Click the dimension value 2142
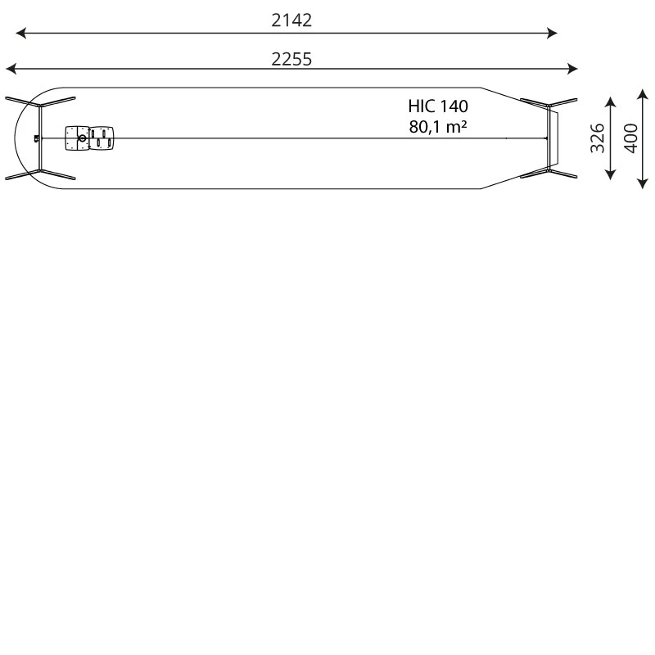[291, 20]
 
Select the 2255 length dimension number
[291, 59]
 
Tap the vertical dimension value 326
[598, 138]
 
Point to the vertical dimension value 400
[630, 138]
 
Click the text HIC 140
[438, 106]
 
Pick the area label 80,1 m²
[438, 127]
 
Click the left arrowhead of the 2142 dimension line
[21, 33]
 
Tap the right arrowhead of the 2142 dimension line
[552, 33]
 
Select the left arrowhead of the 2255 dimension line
[11, 69]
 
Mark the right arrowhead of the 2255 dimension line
[572, 69]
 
